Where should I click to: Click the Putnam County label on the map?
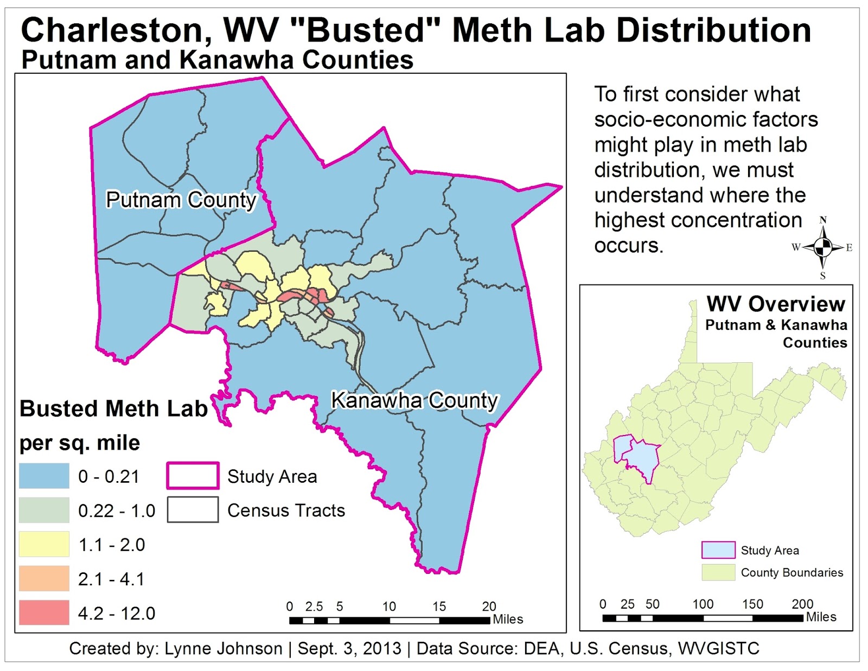pos(181,200)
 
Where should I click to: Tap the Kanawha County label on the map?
pos(414,400)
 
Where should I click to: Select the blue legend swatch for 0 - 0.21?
pos(44,476)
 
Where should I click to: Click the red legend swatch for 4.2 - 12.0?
pos(44,613)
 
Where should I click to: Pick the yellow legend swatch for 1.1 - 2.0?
pos(44,544)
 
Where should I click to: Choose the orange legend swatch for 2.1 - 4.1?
pos(44,578)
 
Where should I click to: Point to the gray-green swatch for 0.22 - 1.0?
pos(44,510)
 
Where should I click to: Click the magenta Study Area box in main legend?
pos(193,476)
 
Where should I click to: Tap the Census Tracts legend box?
pos(193,510)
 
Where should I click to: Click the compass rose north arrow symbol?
pos(823,247)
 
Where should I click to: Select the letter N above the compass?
pos(823,220)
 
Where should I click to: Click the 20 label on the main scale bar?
pos(489,606)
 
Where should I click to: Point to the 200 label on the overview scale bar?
pos(802,604)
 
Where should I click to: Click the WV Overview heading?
pos(775,304)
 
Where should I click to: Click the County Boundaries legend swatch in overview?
pos(718,573)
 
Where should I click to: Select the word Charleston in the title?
pos(116,30)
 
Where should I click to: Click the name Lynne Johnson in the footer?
pos(223,649)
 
